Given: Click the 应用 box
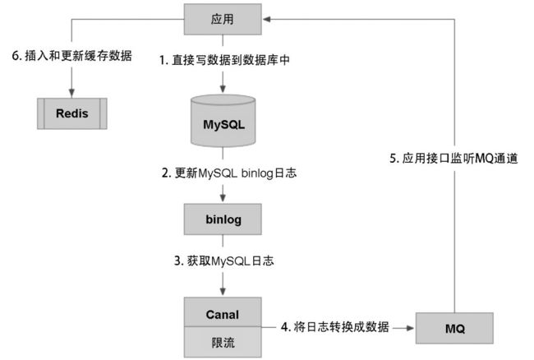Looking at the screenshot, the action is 223,19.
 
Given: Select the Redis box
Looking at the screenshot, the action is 71,113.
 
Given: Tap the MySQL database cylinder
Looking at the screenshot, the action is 223,121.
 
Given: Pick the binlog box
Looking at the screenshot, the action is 223,219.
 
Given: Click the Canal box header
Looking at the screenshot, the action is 223,312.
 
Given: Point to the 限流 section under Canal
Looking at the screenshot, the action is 223,342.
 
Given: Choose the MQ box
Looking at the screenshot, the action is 454,328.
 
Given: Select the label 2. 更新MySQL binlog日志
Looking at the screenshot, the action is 229,173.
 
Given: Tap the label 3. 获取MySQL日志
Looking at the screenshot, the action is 223,261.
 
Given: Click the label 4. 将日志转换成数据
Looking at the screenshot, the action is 334,327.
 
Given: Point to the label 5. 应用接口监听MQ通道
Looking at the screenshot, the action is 453,159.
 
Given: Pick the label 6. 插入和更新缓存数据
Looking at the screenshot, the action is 71,56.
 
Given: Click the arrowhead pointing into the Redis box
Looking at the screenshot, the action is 71,94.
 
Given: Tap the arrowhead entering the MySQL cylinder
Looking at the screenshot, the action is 223,88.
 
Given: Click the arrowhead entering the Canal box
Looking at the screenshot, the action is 223,292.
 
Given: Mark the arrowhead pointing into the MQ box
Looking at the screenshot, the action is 411,328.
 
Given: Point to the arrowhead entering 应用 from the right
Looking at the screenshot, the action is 267,19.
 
